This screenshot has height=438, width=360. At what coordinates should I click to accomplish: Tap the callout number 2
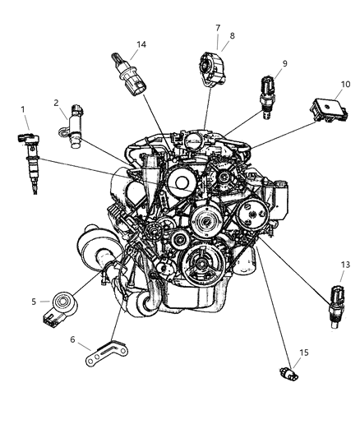(x=57, y=103)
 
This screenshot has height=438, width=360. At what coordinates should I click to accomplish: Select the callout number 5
(x=34, y=302)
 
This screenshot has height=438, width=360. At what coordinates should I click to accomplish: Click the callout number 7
(x=218, y=27)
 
